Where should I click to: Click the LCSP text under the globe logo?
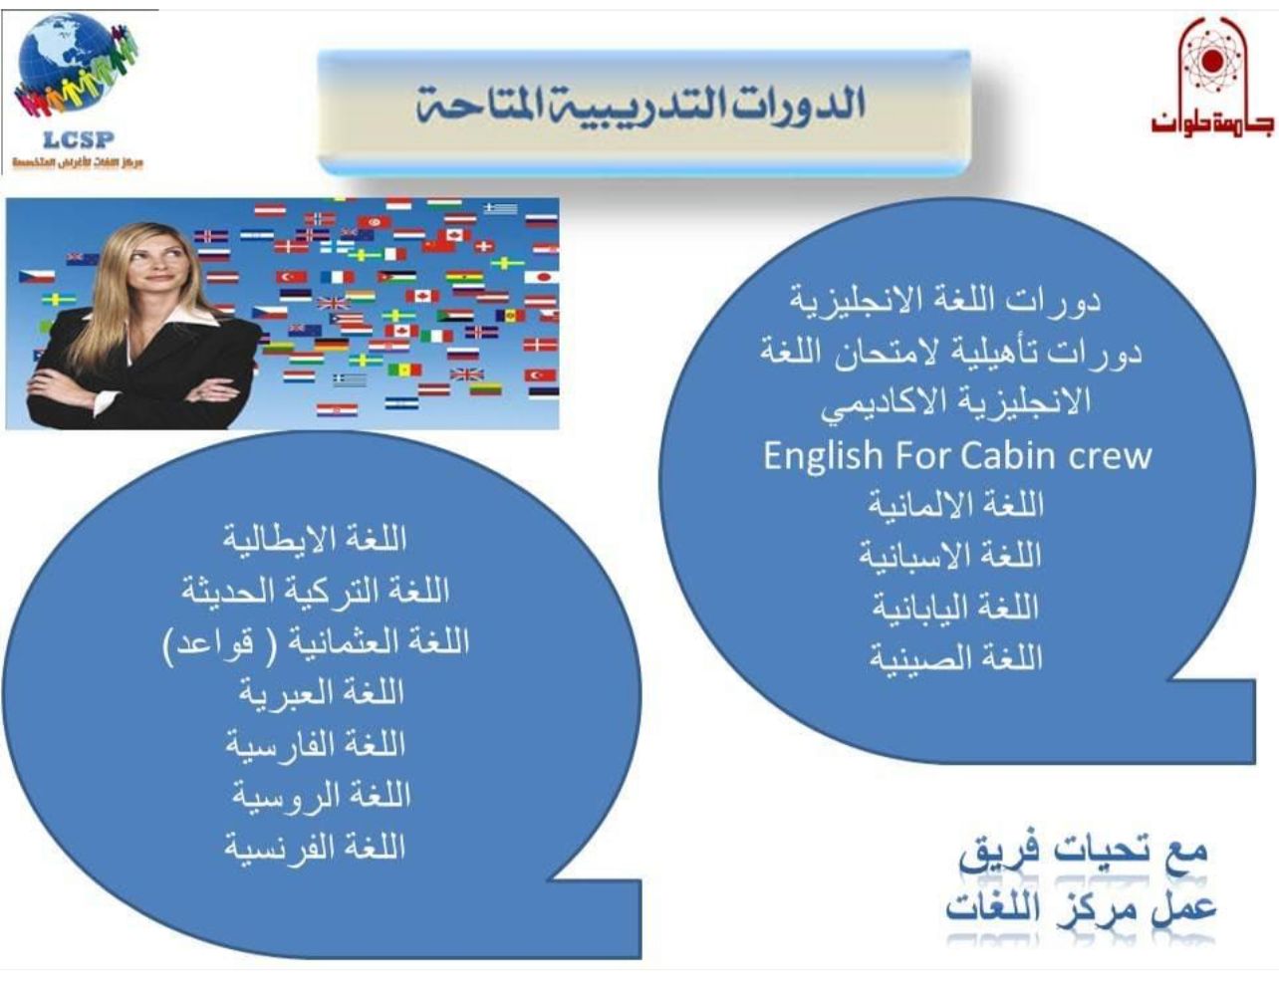click(79, 139)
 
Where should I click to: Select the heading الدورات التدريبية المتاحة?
click(640, 105)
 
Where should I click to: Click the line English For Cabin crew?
click(957, 456)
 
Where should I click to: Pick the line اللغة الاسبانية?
click(950, 556)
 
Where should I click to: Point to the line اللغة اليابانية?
click(956, 608)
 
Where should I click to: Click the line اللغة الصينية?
click(956, 657)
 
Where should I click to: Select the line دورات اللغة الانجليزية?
click(945, 302)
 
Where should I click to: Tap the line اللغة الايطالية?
click(315, 539)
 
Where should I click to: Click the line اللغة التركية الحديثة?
click(316, 591)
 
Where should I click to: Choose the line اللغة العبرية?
click(322, 693)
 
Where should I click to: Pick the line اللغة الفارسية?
click(316, 744)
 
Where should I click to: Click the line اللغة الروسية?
click(321, 796)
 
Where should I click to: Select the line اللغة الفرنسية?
click(315, 848)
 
